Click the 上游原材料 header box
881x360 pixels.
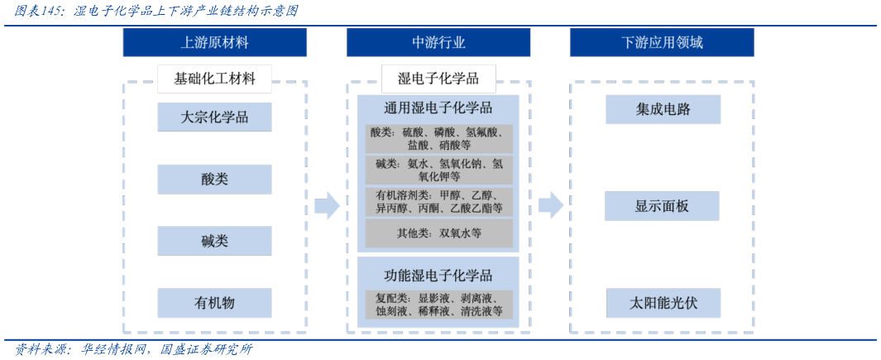pos(215,42)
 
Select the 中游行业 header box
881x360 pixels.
pos(438,42)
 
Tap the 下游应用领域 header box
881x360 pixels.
pos(662,42)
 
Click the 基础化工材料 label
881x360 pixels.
pos(215,79)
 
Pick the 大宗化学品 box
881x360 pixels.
pos(215,117)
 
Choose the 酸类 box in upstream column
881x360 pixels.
pos(215,179)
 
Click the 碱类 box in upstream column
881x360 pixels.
pos(215,241)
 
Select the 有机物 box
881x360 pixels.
pos(215,303)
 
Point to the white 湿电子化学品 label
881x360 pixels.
pos(438,79)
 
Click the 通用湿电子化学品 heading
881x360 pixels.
pos(438,108)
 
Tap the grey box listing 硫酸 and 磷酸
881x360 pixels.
pos(438,138)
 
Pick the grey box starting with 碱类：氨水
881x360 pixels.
pos(438,170)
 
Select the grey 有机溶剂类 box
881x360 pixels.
pos(438,201)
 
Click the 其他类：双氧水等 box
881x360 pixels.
pos(438,233)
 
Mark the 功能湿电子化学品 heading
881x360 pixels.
pos(438,276)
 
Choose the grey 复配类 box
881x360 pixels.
pos(438,305)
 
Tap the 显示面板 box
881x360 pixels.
pos(662,206)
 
